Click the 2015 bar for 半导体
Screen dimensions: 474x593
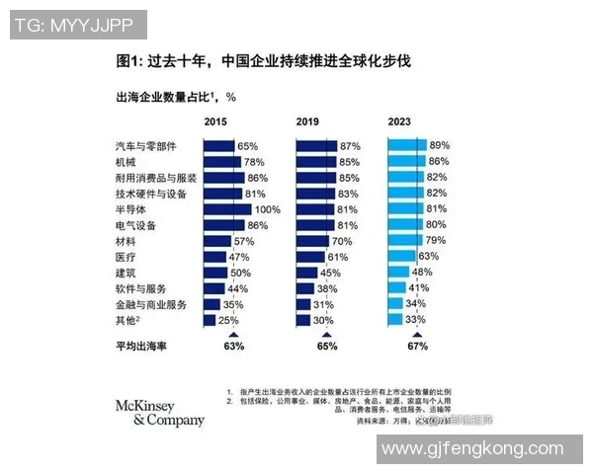pos(227,209)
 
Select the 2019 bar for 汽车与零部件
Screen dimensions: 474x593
pos(316,146)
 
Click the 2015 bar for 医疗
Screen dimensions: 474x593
pos(214,257)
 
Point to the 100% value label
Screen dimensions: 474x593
pos(268,209)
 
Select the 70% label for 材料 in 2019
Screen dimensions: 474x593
pos(342,241)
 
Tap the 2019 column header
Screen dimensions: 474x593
pos(308,121)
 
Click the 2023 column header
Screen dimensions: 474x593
pos(399,121)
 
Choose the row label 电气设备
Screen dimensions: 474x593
pos(136,225)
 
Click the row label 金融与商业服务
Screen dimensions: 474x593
pos(150,304)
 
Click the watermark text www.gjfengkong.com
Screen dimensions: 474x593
pos(478,449)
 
